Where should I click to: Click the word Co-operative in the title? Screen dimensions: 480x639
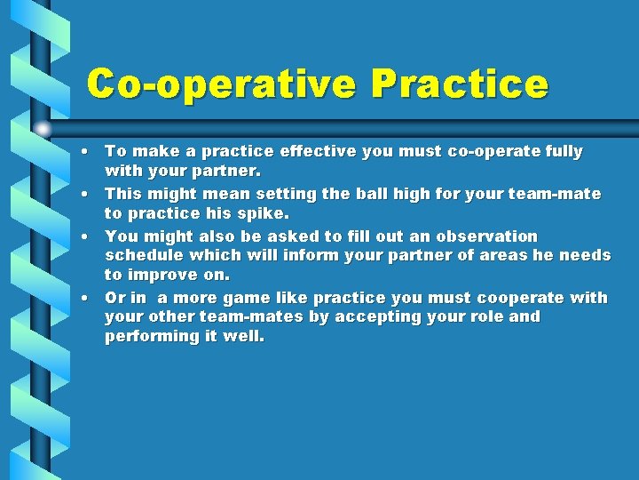tap(222, 84)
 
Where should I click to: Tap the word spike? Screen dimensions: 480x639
tap(264, 213)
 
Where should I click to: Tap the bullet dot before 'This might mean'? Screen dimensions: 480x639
tap(91, 194)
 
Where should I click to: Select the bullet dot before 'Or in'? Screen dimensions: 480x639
tap(91, 298)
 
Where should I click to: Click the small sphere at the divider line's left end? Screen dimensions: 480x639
tap(43, 128)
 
